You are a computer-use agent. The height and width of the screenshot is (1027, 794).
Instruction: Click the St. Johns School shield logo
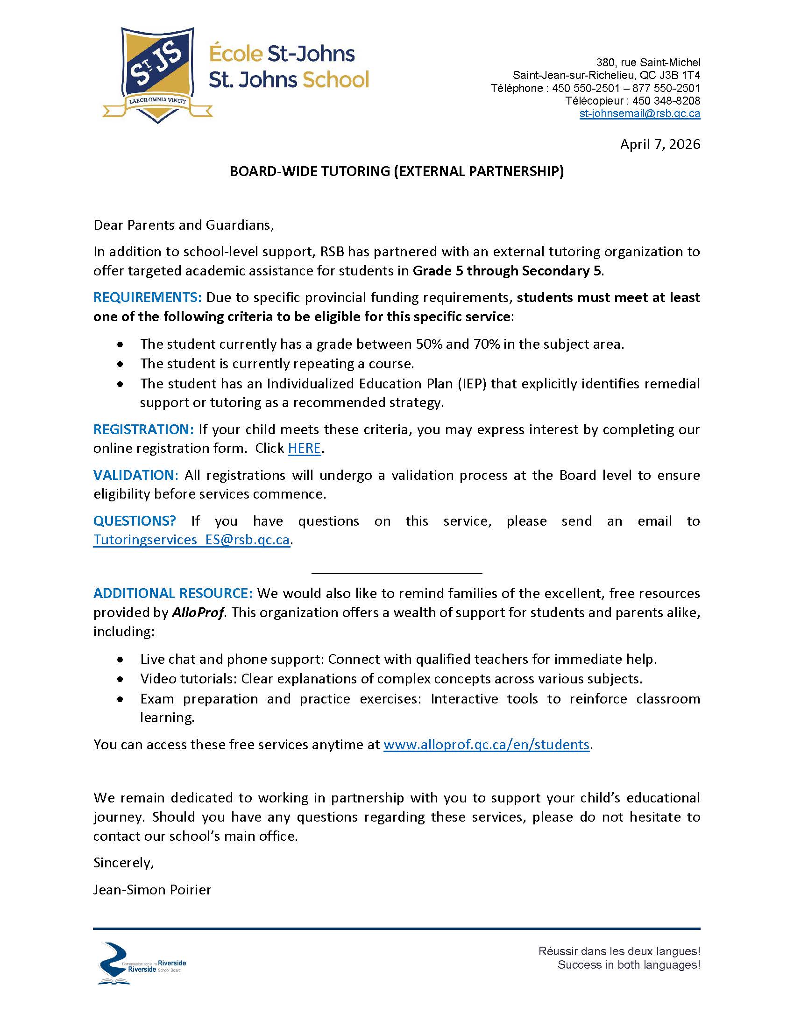point(157,74)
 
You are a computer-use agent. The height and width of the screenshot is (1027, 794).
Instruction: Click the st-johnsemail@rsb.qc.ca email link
point(639,113)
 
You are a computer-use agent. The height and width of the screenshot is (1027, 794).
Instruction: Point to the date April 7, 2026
point(659,144)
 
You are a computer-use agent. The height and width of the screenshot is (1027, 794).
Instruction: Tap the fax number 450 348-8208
point(666,101)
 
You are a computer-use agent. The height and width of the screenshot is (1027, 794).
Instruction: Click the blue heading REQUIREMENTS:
point(147,297)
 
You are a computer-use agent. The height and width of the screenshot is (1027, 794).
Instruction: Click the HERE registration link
point(305,448)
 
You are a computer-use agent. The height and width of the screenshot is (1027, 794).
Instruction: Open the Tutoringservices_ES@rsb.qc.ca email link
point(191,539)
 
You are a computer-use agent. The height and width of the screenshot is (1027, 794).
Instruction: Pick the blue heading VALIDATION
point(134,475)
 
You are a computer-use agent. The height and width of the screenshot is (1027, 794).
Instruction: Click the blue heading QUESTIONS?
point(135,521)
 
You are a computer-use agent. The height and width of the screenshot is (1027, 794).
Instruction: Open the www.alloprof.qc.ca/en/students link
point(486,745)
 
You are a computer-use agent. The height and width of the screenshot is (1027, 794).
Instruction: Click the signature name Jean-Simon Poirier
point(152,890)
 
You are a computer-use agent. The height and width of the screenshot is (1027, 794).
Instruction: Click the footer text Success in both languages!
point(629,965)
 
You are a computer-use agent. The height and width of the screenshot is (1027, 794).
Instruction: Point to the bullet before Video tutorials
point(121,679)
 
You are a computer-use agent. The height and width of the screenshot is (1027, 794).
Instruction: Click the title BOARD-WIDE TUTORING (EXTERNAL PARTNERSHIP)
point(397,171)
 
